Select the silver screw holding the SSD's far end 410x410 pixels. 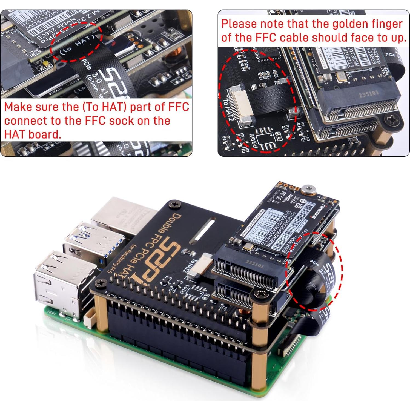[308, 188]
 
